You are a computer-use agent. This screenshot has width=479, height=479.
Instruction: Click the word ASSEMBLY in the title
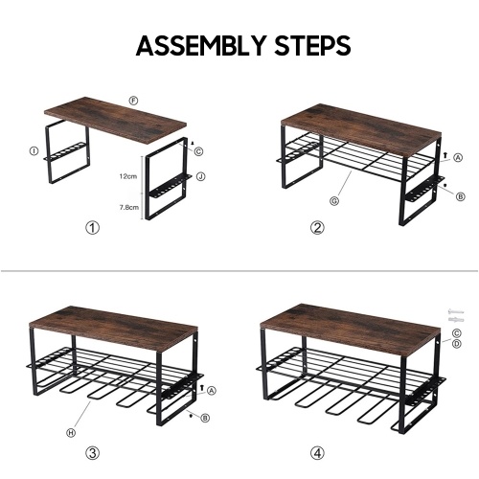[201, 45]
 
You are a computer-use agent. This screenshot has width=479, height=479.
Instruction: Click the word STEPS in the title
[313, 45]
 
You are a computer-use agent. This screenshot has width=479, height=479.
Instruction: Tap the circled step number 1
[93, 228]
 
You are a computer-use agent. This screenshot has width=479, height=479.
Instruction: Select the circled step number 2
[317, 228]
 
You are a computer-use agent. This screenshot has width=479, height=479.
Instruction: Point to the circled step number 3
[93, 453]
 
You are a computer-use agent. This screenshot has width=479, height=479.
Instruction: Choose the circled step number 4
[317, 453]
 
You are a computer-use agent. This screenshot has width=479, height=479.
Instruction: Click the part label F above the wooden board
[133, 101]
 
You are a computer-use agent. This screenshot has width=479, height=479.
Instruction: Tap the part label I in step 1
[34, 151]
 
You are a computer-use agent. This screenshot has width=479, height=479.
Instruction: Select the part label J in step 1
[200, 176]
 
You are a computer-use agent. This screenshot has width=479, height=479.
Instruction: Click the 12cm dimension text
[128, 176]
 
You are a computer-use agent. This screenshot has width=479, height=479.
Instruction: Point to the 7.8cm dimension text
[129, 207]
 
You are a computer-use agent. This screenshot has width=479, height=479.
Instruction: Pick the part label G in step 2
[334, 201]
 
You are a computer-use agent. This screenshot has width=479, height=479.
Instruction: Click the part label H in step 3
[71, 433]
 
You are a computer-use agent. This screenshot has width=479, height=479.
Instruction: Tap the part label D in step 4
[457, 344]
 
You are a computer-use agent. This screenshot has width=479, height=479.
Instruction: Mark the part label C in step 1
[198, 151]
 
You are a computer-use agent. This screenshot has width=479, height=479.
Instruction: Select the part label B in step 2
[460, 196]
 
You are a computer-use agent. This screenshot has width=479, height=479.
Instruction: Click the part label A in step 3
[212, 390]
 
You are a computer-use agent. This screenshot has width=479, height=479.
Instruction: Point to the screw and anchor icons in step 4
[456, 315]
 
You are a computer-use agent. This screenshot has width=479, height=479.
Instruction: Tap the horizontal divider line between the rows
[239, 271]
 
